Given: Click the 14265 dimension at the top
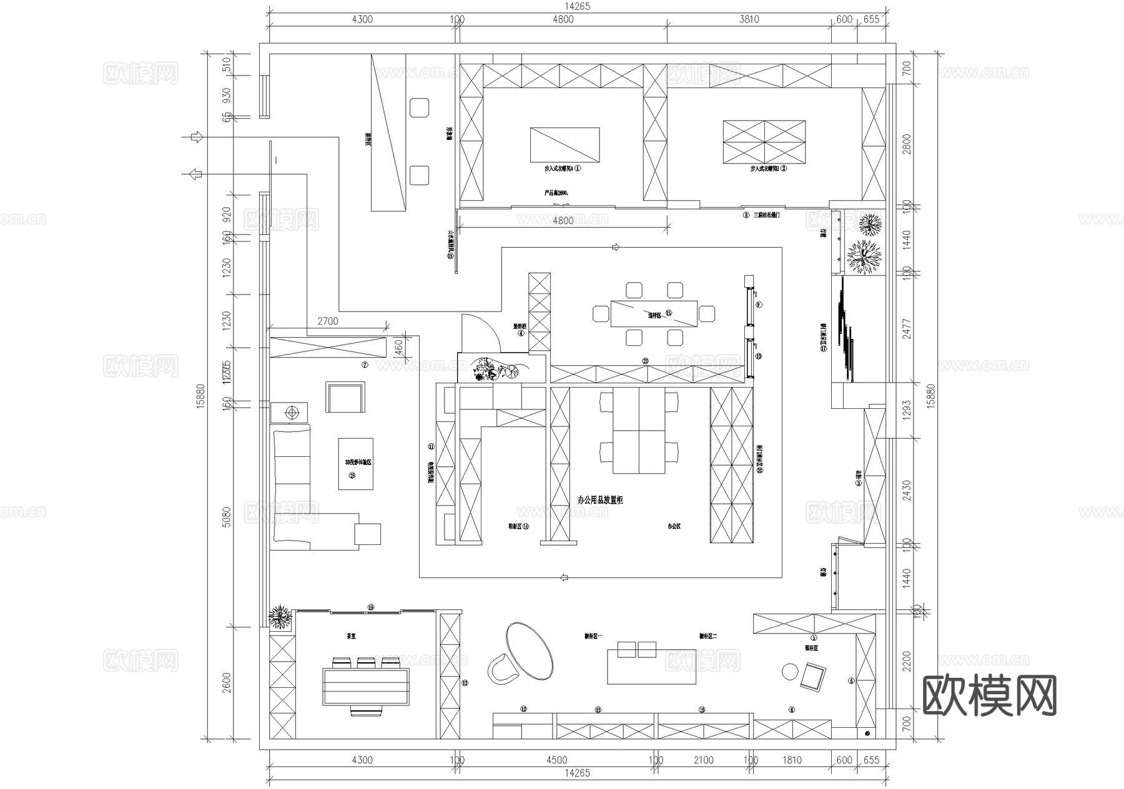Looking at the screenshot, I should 576,7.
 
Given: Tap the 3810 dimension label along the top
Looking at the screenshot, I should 749,19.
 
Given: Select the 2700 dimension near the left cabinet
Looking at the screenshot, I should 328,321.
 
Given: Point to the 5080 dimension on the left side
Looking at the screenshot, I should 227,516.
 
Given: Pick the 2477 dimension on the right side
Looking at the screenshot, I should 907,329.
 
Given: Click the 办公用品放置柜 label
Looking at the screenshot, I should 600,500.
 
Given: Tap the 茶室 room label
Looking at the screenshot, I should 342,637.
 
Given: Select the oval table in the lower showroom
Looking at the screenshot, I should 530,650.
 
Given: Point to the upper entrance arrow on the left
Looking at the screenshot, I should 197,137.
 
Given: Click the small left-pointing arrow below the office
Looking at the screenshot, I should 564,577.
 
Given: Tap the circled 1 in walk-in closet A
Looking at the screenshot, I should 578,169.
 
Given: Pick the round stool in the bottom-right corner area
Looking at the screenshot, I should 790,672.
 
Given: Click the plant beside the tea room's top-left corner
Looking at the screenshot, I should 280,617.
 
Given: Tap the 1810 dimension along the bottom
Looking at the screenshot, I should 791,760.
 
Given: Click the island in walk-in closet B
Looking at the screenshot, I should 764,142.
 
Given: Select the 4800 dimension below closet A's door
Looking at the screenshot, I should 563,220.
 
